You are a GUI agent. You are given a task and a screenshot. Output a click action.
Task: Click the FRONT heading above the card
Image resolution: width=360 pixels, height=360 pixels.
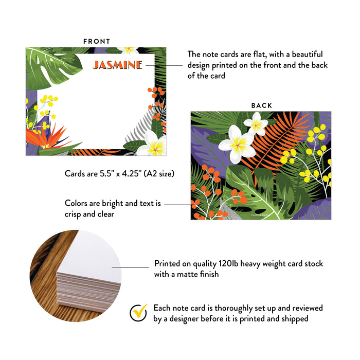point(97,41)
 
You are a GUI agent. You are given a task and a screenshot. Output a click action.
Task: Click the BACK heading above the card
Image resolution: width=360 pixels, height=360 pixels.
point(262,105)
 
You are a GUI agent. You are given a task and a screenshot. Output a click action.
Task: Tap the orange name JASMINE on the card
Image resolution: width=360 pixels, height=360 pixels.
point(117,65)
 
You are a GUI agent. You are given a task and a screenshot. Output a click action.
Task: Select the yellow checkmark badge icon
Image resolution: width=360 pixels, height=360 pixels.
point(138,313)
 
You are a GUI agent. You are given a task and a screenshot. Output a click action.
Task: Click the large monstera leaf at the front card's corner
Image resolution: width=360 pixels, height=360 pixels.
point(51,67)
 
